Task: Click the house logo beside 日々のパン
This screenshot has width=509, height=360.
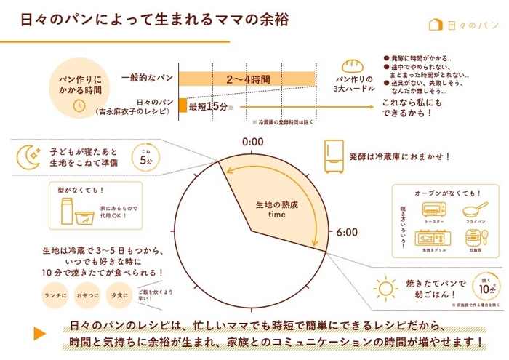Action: [436, 24]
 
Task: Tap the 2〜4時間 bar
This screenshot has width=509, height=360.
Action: [247, 79]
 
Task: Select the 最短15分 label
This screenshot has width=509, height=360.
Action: [207, 106]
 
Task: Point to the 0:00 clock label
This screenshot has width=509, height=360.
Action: [252, 141]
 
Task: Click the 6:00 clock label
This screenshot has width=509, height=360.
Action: [347, 232]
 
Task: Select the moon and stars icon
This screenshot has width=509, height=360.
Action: [28, 155]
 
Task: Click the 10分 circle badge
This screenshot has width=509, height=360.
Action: [485, 284]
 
